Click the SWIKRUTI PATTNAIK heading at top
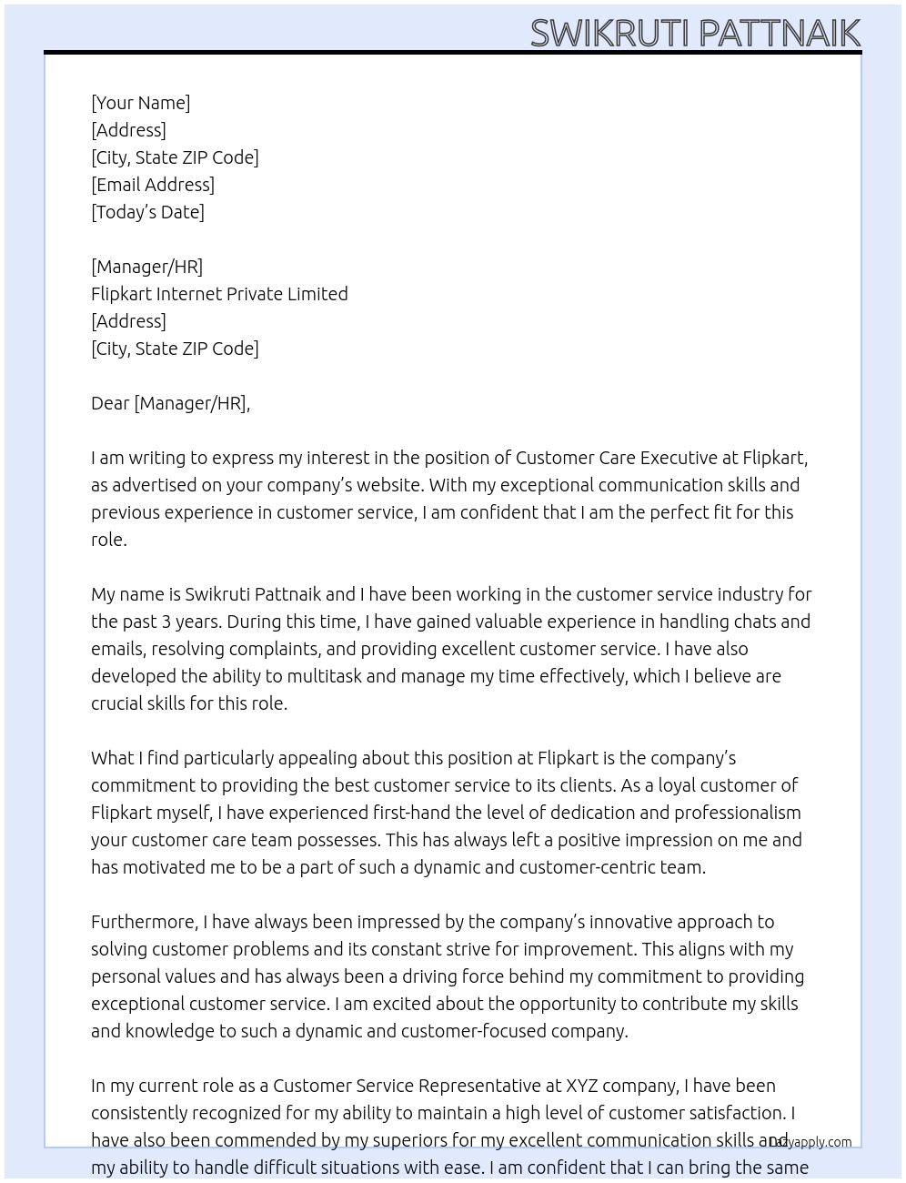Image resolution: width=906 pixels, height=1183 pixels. pos(695,33)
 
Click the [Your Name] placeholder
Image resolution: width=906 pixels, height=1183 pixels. pos(140,103)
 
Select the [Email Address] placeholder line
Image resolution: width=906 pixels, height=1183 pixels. pos(153,185)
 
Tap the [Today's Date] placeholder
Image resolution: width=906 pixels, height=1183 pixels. pos(147,212)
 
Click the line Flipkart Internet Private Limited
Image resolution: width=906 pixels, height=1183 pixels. pos(219,294)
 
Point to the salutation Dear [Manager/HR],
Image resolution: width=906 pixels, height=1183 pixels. pos(170,403)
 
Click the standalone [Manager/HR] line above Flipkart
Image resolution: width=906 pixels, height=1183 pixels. pos(146,267)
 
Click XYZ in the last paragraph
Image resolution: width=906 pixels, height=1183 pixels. pos(582,1086)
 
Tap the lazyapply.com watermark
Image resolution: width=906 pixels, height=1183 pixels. pos(811,1142)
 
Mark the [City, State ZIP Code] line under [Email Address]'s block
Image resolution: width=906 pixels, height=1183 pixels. pos(175,157)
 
